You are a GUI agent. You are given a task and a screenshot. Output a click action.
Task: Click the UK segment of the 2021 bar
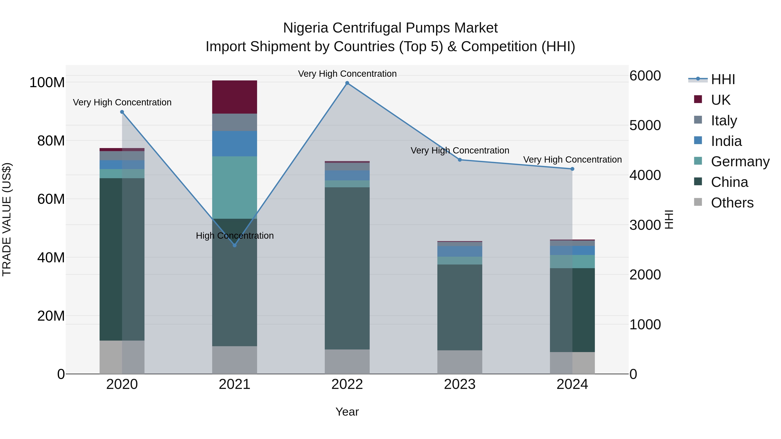pos(234,97)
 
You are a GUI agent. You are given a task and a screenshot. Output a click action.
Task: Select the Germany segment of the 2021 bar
pos(234,187)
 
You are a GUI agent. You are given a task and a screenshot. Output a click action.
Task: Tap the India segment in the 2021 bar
pos(234,144)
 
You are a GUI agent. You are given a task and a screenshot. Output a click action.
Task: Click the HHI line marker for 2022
pos(347,83)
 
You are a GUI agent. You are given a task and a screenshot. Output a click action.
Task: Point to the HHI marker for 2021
pos(234,245)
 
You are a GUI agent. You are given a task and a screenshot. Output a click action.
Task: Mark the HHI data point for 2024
pos(572,169)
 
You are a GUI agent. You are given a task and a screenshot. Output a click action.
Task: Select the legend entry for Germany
pos(740,162)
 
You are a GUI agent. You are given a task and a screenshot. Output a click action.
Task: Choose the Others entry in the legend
pos(732,203)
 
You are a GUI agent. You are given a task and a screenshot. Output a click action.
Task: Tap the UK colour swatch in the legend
pos(698,99)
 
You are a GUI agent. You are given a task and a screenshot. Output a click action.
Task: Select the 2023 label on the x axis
pos(460,384)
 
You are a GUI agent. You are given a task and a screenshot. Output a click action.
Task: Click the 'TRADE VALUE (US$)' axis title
pos(7,219)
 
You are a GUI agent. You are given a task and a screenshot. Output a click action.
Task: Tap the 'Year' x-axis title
pos(347,412)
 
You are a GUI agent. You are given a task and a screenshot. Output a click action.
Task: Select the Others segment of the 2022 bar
pos(347,361)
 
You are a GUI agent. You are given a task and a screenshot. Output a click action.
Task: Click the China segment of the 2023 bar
pos(460,307)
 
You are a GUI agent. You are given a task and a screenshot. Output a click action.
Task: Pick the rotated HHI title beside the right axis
pos(669,219)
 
